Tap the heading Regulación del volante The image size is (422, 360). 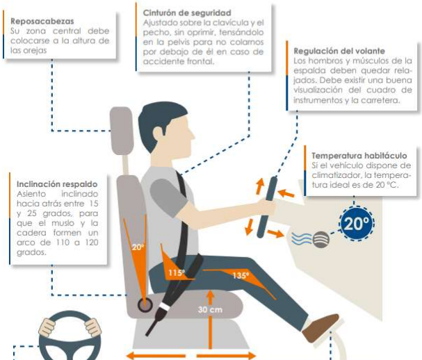(x=338, y=51)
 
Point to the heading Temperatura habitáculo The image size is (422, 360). (x=359, y=156)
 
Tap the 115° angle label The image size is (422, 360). (x=175, y=272)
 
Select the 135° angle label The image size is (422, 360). (x=241, y=275)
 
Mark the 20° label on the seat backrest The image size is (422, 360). (x=138, y=245)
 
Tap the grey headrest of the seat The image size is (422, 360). (x=121, y=131)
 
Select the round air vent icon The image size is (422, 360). (x=320, y=240)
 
